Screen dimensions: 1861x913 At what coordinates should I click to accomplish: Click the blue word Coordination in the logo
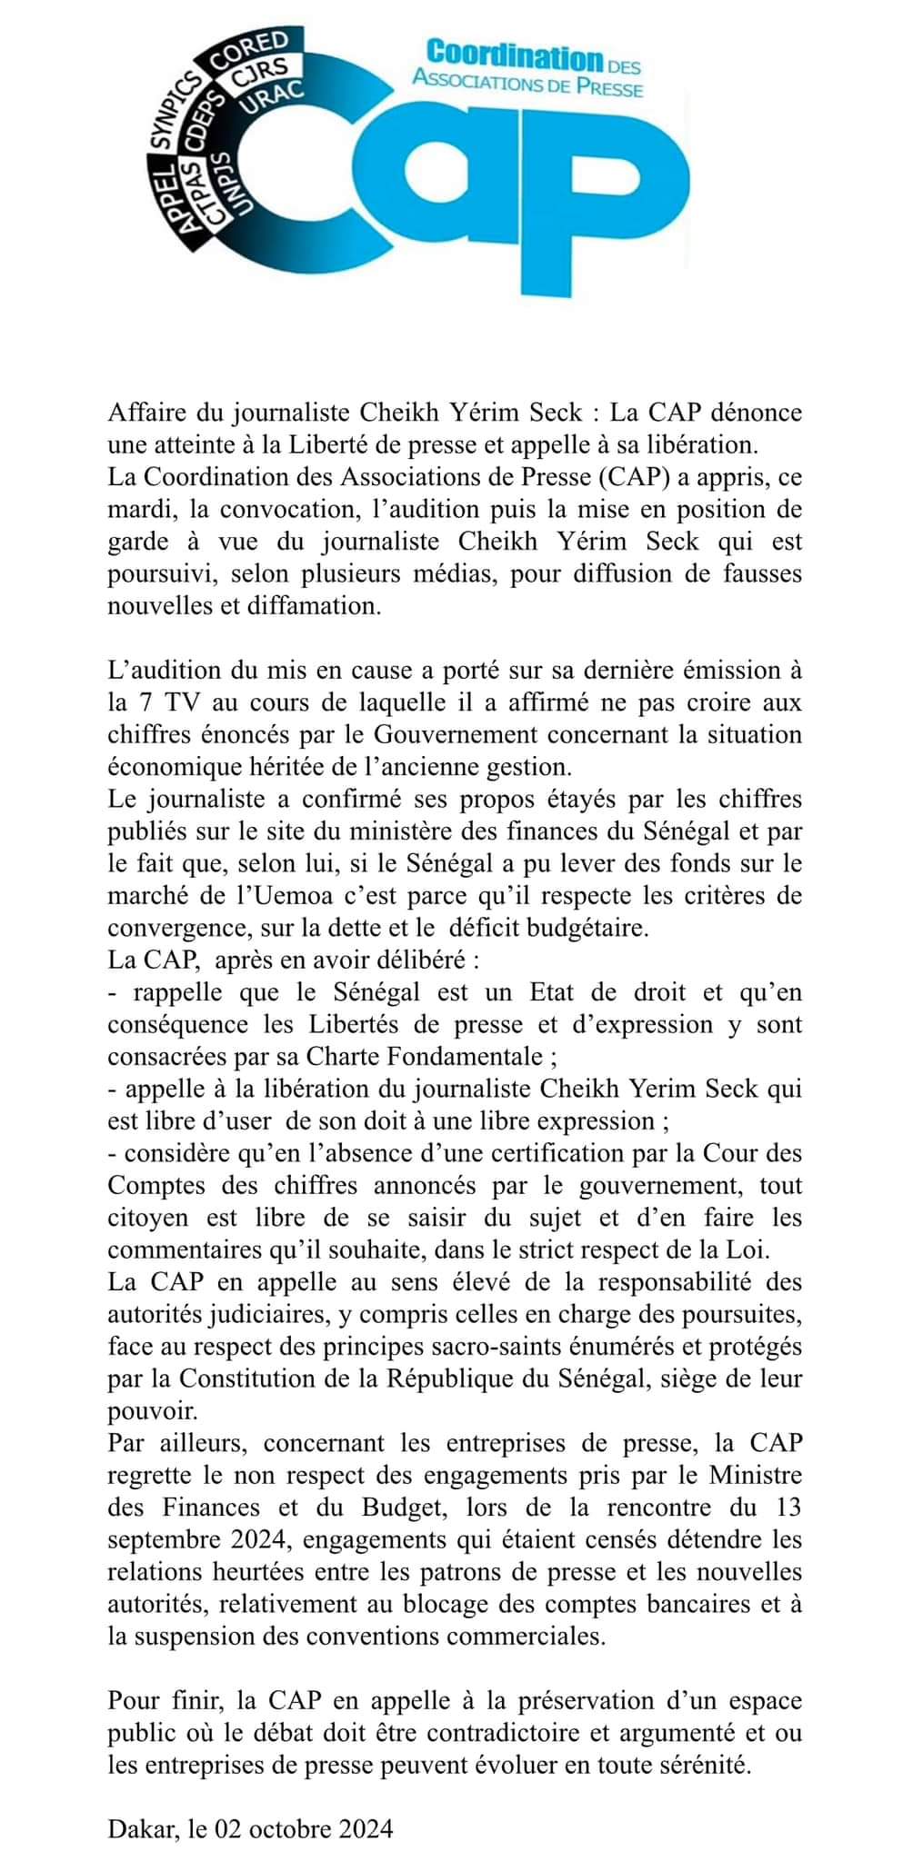coord(514,56)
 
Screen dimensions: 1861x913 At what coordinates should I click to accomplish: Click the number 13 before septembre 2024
coord(788,1507)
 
